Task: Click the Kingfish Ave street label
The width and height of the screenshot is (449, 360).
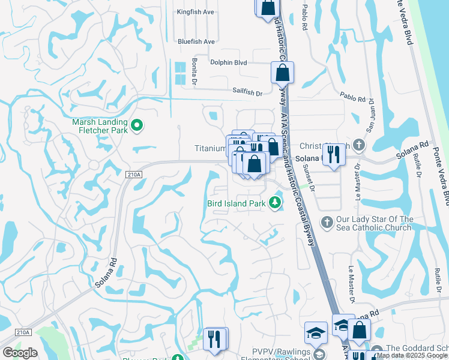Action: tap(196, 11)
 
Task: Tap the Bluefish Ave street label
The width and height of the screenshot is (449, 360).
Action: tap(196, 41)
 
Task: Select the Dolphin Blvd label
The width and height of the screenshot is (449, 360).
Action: tap(229, 62)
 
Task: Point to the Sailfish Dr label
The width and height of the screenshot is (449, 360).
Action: tap(248, 93)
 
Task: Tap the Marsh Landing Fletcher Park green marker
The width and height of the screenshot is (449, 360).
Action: tap(137, 125)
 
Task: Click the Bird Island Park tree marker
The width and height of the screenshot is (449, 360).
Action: tap(276, 203)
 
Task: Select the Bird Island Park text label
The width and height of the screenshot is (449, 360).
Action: tap(236, 204)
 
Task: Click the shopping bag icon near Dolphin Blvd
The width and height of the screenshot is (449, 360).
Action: tap(282, 73)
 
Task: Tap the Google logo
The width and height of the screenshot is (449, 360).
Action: tap(20, 353)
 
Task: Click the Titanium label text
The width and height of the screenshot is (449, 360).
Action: tap(209, 148)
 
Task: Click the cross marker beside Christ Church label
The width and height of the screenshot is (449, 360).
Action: tap(358, 145)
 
